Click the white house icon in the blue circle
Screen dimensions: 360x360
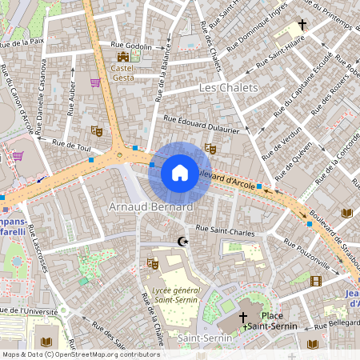click(180, 171)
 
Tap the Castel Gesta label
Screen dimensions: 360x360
click(122, 74)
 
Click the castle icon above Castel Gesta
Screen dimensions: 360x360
click(122, 58)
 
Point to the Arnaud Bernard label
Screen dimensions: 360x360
click(150, 207)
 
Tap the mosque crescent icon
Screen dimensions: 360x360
click(182, 241)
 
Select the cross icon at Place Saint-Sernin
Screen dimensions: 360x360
click(243, 318)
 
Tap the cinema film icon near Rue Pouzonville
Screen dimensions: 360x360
click(315, 281)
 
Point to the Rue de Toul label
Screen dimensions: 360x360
click(72, 146)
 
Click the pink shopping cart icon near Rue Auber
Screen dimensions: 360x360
click(95, 82)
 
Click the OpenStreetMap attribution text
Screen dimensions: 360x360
click(80, 354)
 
